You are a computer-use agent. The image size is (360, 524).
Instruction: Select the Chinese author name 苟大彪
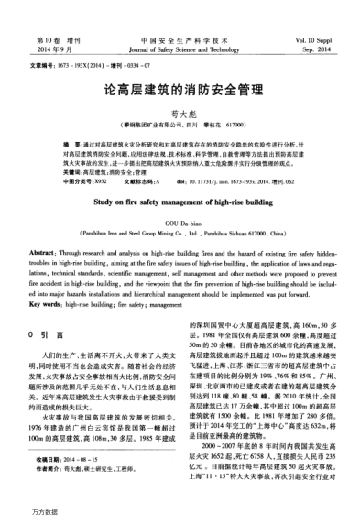coord(180,115)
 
